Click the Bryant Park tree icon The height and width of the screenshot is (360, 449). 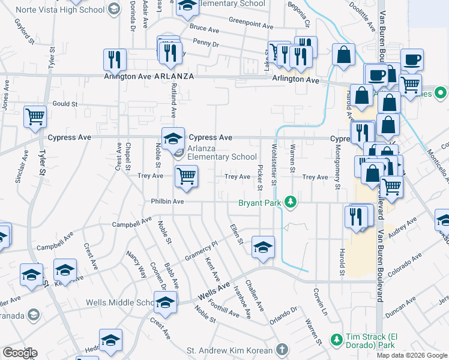tap(291, 202)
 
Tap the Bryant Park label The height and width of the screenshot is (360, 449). tap(261, 202)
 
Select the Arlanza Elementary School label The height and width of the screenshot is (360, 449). tap(221, 153)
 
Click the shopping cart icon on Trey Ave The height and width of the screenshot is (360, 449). tap(186, 176)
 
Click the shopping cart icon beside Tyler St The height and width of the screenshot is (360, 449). tap(35, 115)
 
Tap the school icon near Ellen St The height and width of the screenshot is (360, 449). tap(263, 247)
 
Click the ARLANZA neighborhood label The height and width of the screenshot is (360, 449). tap(173, 77)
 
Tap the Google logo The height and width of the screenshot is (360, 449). tap(20, 353)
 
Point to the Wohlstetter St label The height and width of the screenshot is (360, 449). tap(274, 164)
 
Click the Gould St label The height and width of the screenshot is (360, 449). tap(65, 104)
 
